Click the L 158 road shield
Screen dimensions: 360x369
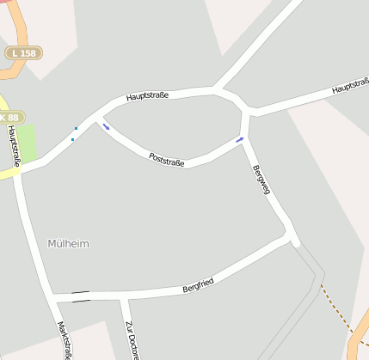click(23, 53)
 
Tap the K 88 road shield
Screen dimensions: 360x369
click(9, 117)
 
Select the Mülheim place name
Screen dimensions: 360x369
click(68, 244)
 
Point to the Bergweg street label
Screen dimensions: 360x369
click(261, 180)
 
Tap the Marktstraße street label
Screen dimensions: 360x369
click(63, 339)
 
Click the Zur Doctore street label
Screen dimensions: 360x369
click(131, 339)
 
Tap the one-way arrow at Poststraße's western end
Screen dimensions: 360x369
click(106, 127)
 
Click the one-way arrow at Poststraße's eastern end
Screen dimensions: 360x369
click(240, 138)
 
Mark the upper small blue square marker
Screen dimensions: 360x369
click(76, 129)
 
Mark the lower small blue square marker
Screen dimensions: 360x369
click(72, 139)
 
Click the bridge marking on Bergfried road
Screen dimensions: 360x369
click(81, 296)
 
